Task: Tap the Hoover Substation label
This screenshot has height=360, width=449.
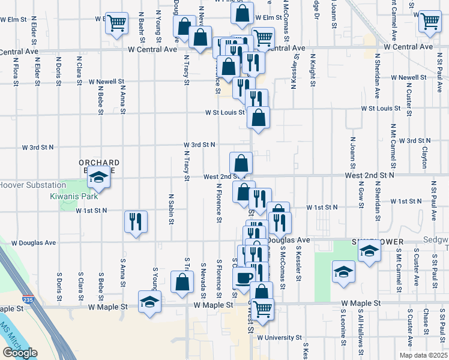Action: (x=32, y=185)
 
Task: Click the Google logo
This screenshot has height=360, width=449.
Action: (x=20, y=353)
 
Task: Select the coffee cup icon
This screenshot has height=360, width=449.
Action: (x=244, y=278)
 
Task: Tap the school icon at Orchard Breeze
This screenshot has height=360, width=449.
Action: (x=99, y=177)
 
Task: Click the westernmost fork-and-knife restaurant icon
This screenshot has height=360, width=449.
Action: (x=136, y=221)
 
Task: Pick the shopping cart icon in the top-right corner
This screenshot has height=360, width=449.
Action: (x=430, y=22)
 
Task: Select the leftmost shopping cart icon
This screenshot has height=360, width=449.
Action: (x=116, y=23)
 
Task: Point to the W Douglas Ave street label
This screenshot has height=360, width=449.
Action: (x=34, y=243)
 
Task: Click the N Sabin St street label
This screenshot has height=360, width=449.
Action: (x=172, y=209)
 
